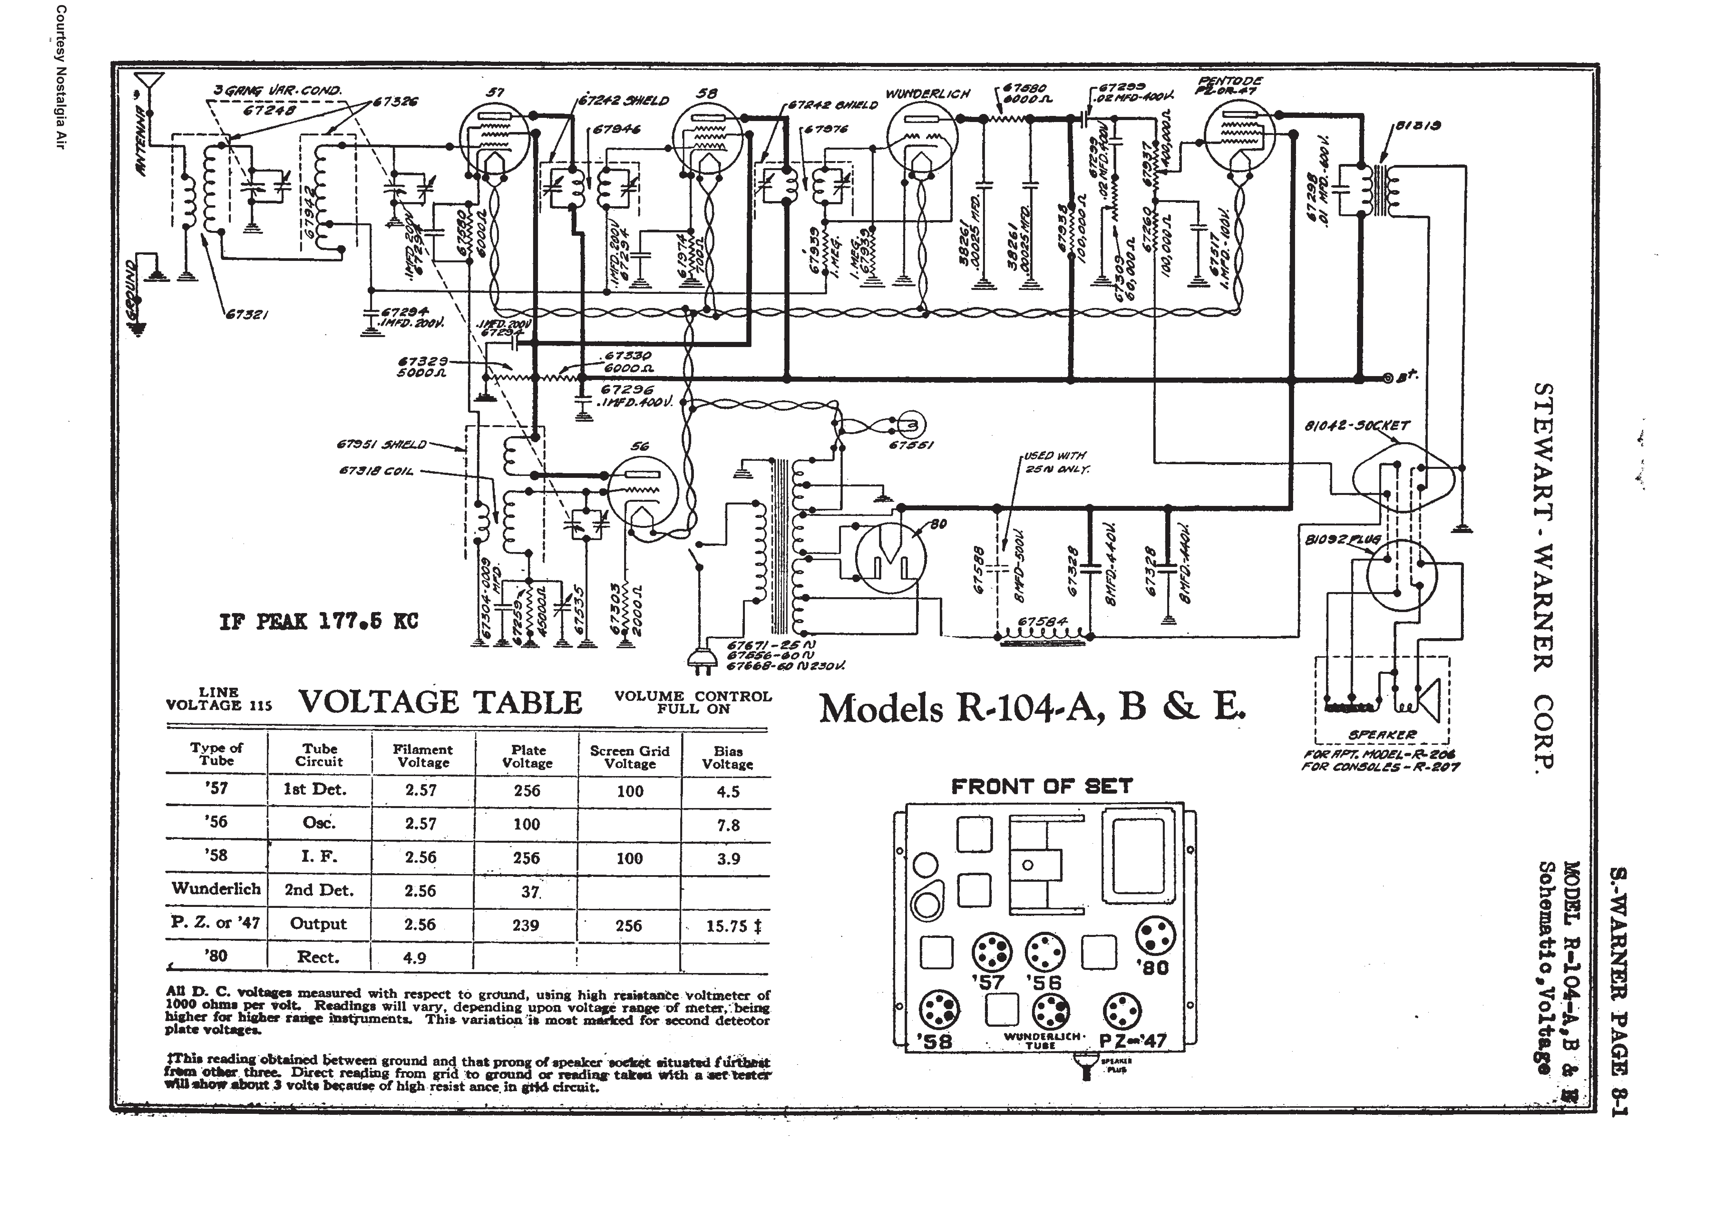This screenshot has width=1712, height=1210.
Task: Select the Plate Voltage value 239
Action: click(526, 925)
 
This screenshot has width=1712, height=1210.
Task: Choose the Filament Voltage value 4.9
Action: click(415, 958)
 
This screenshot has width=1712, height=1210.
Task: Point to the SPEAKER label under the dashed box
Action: click(1382, 735)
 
